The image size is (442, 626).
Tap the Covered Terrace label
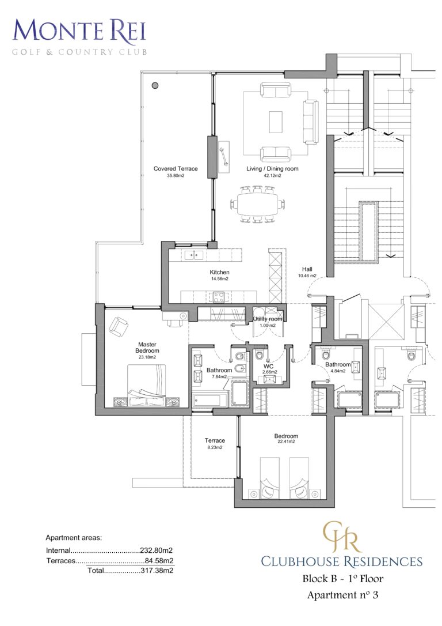(176, 169)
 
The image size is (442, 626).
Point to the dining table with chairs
(257, 203)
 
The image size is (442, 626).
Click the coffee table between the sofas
(276, 122)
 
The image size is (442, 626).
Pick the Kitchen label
(219, 272)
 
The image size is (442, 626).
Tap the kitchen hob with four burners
(219, 297)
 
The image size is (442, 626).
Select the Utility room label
(268, 319)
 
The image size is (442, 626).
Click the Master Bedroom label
(148, 348)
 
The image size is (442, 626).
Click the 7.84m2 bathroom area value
(219, 376)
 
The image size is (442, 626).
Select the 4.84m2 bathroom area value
(337, 371)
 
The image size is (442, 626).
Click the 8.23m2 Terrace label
(215, 447)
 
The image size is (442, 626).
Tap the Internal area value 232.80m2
(157, 550)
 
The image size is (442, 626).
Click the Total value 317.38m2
(157, 570)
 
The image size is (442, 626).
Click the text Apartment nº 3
(342, 595)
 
